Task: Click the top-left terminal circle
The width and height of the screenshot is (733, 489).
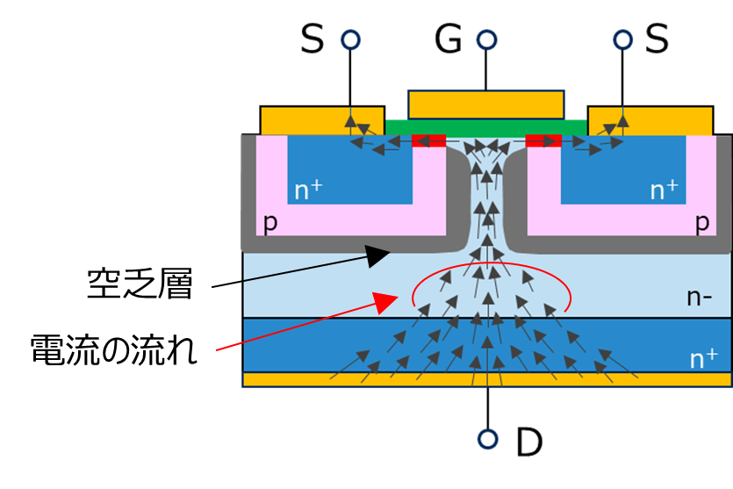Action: (350, 40)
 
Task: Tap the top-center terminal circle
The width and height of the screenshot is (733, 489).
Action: (487, 40)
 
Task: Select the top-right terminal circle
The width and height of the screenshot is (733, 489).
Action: (622, 40)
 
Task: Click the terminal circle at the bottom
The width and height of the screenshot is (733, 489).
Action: (487, 438)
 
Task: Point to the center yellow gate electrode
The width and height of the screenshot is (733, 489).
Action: (485, 104)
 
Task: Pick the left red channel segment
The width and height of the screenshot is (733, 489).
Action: (428, 140)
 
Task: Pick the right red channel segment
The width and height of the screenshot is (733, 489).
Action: (543, 140)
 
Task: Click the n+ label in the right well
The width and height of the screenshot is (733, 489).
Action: (664, 190)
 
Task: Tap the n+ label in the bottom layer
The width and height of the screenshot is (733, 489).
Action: (703, 358)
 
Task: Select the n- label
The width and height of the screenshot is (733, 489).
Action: (699, 298)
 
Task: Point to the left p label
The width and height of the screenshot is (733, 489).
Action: (269, 222)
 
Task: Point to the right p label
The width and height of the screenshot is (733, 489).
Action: (701, 222)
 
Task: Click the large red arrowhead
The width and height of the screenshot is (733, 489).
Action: (387, 303)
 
